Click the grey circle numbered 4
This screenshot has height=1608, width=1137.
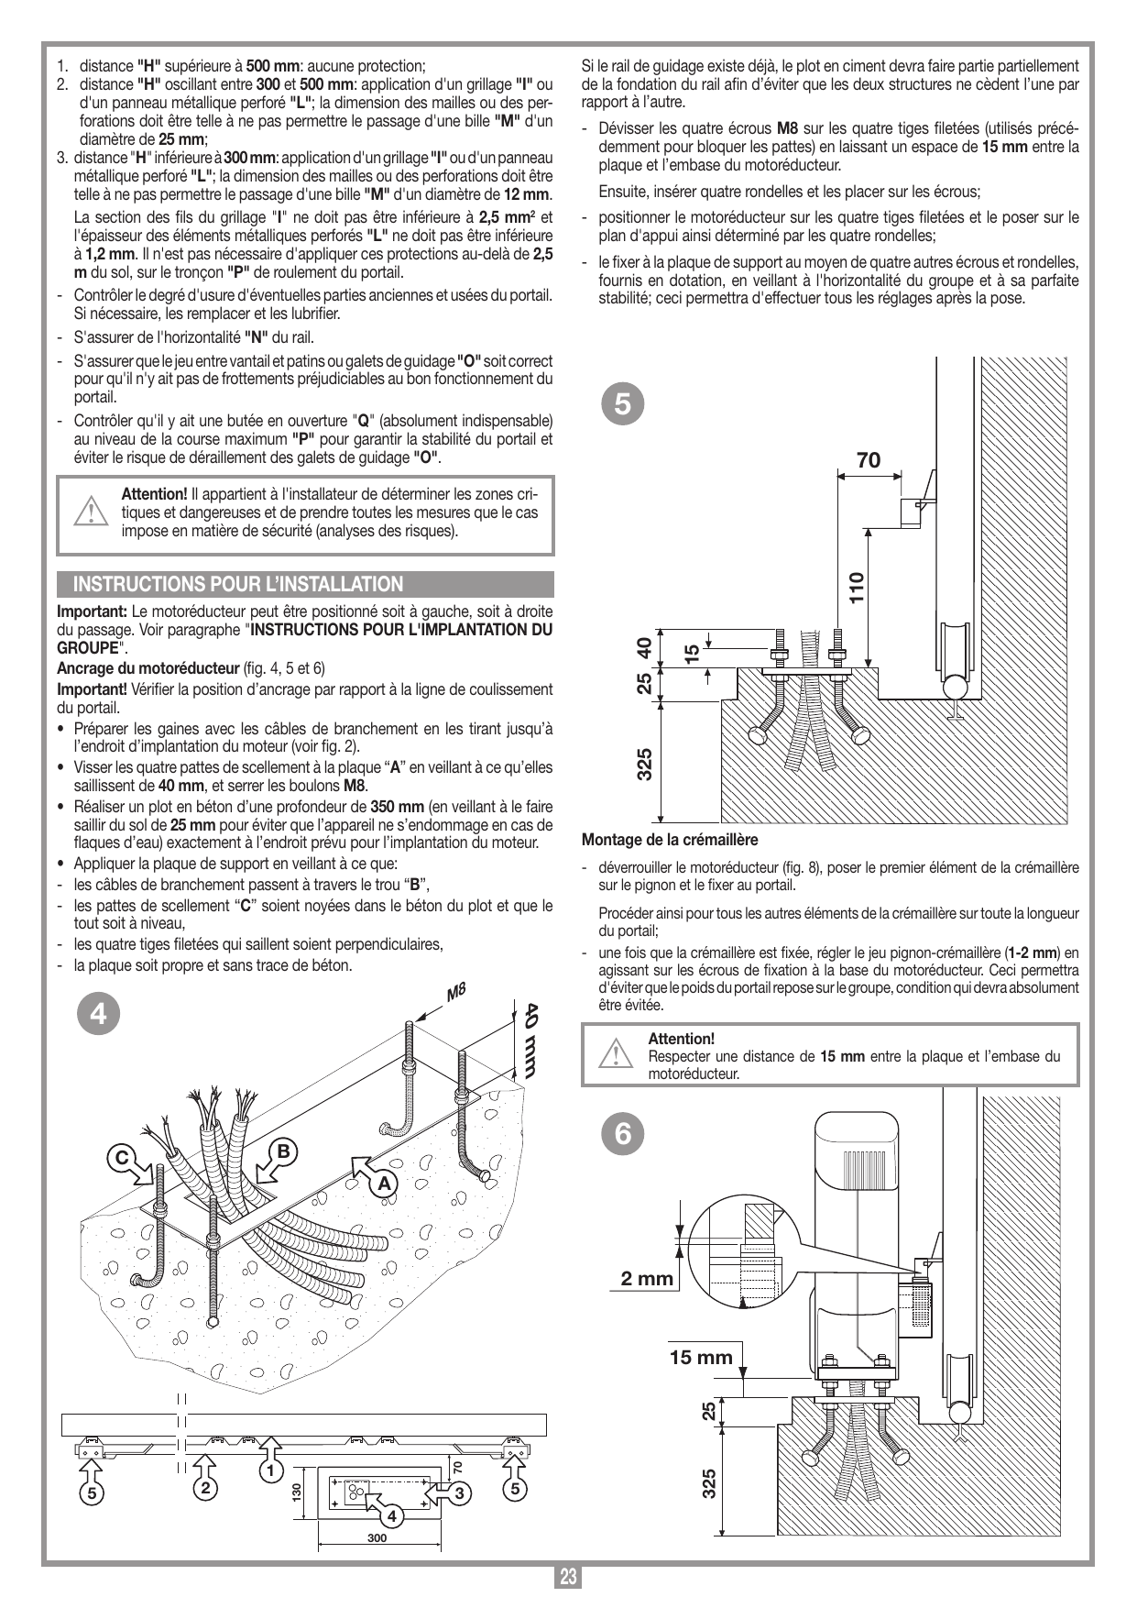[104, 1013]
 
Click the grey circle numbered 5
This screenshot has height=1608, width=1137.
[622, 403]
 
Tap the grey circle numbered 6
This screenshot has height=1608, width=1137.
[622, 1134]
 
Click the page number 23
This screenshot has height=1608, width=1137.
[568, 1577]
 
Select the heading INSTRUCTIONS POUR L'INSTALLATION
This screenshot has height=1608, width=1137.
[238, 584]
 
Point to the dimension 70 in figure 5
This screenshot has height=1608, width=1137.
[869, 460]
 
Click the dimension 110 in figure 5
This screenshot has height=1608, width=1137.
[856, 587]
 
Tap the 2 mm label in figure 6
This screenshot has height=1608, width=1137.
[647, 1278]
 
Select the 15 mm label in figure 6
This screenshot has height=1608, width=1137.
[701, 1356]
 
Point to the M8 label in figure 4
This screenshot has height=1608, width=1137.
[457, 991]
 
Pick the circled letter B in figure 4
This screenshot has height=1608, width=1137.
[283, 1151]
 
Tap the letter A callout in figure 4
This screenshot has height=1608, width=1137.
[385, 1184]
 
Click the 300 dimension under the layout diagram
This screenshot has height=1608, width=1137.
[377, 1537]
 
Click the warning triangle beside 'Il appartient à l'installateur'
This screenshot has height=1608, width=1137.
[90, 510]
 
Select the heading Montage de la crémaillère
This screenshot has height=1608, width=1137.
[671, 839]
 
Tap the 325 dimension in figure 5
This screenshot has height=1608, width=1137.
[645, 764]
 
